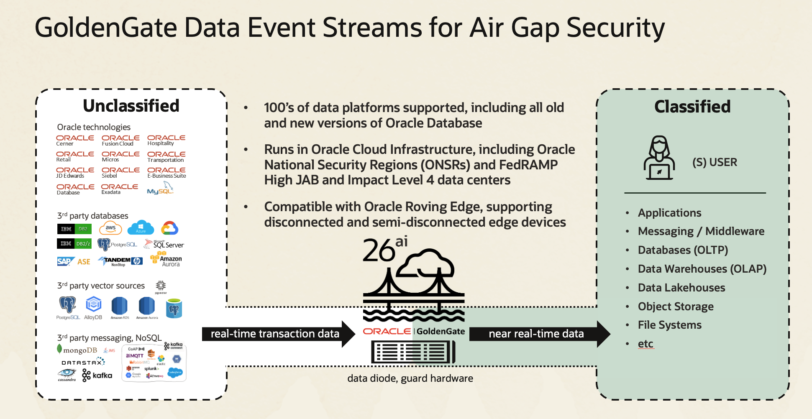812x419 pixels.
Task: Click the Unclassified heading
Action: point(131,106)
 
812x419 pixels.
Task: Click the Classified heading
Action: point(692,107)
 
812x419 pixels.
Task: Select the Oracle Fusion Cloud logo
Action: point(120,140)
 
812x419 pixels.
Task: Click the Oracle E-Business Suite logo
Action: point(166,173)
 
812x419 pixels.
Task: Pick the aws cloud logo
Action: point(110,228)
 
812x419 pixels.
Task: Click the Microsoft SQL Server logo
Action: point(164,244)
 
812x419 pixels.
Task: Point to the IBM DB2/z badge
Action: point(74,243)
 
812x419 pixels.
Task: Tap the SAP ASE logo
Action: point(74,261)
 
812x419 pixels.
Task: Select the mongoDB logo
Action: point(77,350)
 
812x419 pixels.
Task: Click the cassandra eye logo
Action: point(67,374)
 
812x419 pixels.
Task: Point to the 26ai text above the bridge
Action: point(384,249)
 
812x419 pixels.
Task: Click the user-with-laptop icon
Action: point(659,158)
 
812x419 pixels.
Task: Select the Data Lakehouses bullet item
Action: point(681,288)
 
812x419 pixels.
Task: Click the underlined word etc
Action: point(645,344)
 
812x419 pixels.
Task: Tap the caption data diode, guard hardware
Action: point(410,378)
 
